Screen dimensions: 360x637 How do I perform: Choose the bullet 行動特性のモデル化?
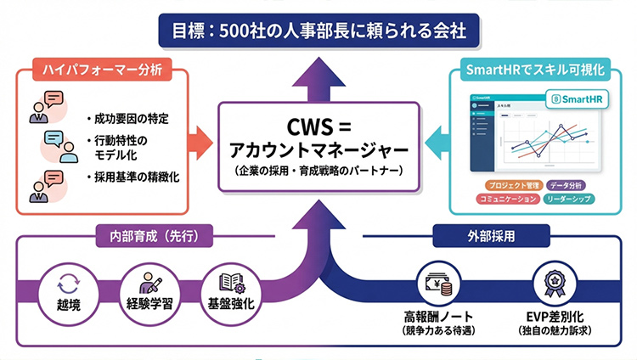click(126, 147)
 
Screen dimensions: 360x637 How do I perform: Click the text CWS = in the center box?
click(318, 128)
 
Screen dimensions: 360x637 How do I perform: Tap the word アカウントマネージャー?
click(318, 150)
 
